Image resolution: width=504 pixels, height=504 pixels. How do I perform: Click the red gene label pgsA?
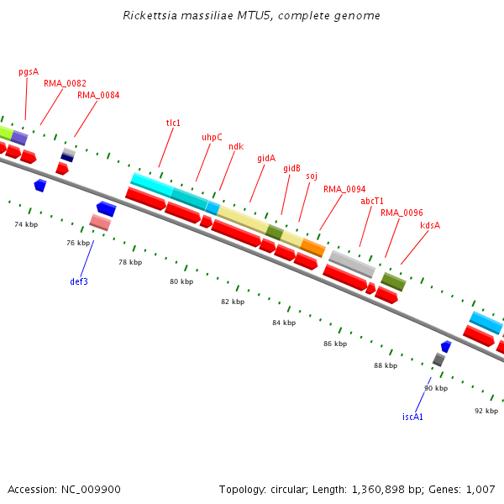coord(29,71)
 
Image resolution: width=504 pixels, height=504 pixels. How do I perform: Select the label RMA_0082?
coord(65,83)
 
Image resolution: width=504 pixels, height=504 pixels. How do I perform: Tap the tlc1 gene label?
coord(173,123)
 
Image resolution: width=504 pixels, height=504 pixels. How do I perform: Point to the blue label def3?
coord(79,281)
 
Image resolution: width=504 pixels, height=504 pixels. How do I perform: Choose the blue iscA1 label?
coord(412,417)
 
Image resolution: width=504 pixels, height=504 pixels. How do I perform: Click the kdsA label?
coord(430,225)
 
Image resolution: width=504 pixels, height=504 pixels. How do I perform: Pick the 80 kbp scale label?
coord(181,282)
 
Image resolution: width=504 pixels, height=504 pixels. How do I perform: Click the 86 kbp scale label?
coord(335,344)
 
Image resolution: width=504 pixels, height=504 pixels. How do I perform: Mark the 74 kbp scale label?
coord(26,224)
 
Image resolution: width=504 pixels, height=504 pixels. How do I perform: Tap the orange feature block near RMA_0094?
coord(313,248)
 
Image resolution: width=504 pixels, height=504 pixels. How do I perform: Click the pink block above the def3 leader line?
coord(100,223)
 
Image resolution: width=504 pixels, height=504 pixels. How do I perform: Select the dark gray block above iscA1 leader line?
coord(438,360)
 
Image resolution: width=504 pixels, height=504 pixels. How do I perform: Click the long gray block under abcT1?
coord(352,264)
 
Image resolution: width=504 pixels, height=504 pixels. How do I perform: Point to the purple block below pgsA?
coord(19,138)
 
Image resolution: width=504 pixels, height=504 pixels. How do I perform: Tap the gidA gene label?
coord(266,158)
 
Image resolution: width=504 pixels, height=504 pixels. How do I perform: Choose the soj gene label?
coord(312,176)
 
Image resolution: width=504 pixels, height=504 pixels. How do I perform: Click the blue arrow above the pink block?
coord(107,208)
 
